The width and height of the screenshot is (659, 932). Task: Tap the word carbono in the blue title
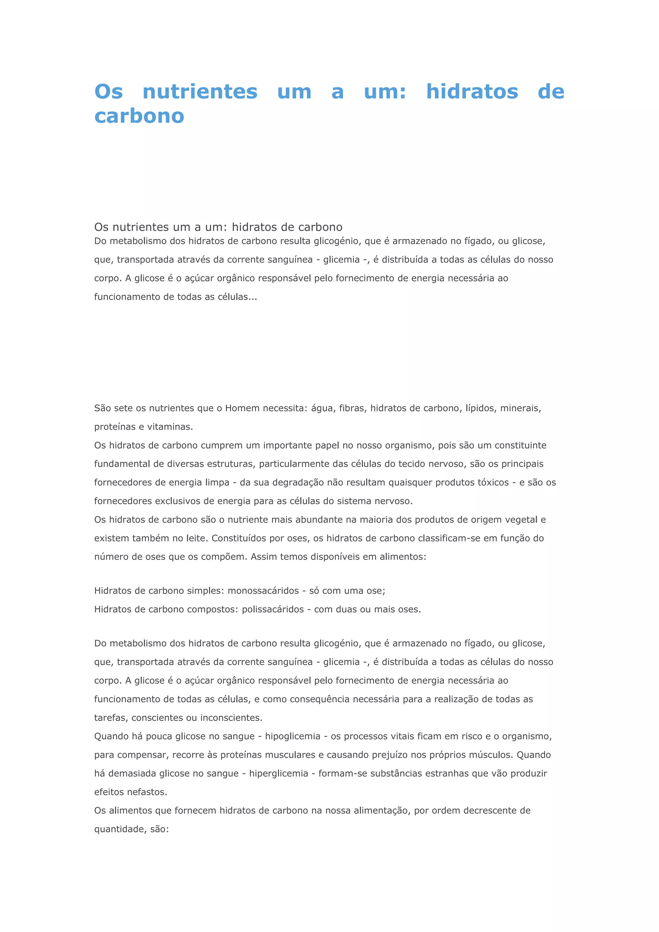click(x=139, y=116)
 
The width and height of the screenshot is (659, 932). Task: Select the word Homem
click(x=242, y=408)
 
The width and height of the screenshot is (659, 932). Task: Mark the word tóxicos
click(x=493, y=483)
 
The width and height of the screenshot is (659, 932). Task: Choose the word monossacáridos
click(x=263, y=591)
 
